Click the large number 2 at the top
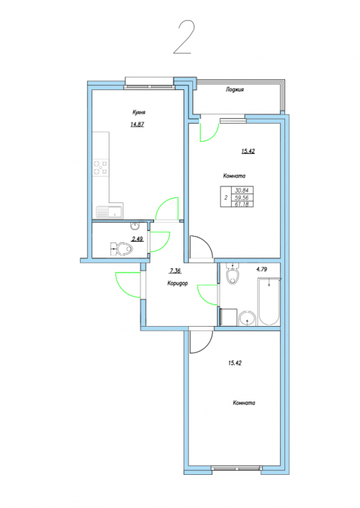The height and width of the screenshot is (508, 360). [184, 37]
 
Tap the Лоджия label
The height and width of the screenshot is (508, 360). [235, 89]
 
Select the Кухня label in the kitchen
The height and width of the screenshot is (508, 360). [138, 112]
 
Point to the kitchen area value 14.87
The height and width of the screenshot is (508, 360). [137, 124]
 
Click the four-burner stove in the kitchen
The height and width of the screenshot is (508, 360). [101, 168]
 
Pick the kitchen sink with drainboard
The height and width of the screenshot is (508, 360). [109, 212]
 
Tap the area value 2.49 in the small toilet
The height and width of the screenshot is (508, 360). [138, 239]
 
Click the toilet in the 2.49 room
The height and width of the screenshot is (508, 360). [122, 249]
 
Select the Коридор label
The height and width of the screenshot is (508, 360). [177, 284]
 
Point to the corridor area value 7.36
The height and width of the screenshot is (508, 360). [175, 271]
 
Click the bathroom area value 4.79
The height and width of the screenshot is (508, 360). [261, 269]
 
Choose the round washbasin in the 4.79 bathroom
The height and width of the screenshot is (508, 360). [248, 318]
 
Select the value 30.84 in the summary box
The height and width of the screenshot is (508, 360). [242, 191]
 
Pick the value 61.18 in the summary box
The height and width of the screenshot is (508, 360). [242, 204]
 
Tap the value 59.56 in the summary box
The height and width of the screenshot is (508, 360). [242, 197]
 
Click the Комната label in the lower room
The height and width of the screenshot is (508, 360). [244, 403]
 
